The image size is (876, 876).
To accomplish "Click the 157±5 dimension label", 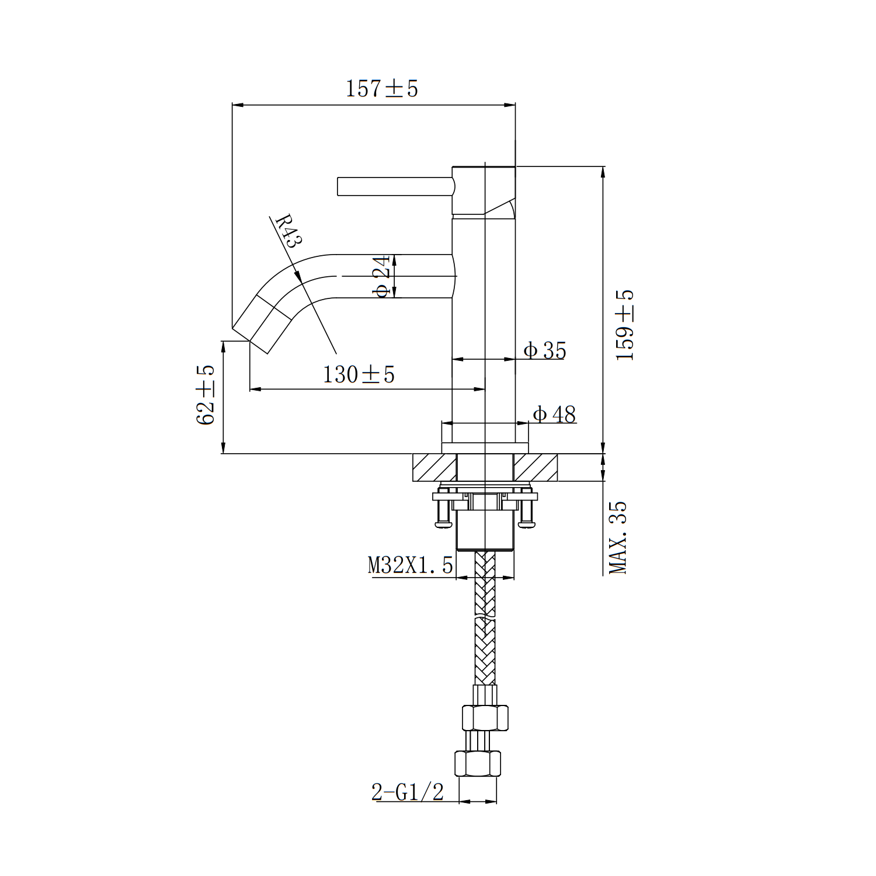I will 382,89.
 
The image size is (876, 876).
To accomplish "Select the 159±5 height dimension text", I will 625,325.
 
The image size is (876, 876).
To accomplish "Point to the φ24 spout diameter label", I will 383,276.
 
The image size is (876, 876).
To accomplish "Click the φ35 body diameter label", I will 544,350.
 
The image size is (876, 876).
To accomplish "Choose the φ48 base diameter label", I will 554,414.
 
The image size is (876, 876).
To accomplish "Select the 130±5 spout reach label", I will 359,374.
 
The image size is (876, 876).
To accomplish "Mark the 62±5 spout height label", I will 206,395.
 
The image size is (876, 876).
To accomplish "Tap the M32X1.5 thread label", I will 410,565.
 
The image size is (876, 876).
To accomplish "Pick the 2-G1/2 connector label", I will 408,792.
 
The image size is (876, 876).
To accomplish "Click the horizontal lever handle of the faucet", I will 395,186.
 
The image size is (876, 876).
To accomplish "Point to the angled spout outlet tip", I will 251,336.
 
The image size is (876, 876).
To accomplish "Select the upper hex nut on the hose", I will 485,717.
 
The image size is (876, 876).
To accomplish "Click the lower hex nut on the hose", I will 478,764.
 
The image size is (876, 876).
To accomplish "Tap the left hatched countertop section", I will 434,468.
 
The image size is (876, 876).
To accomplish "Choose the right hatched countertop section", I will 536,468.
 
